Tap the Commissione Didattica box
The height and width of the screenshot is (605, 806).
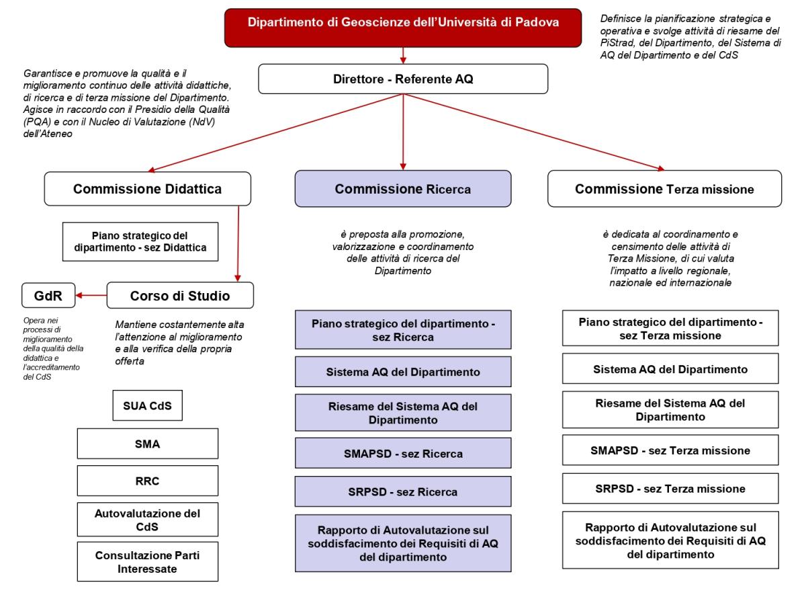(147, 189)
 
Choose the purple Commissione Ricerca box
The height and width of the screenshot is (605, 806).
(403, 189)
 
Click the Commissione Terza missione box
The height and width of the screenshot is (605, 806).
(665, 189)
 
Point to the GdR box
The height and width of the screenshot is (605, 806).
(46, 294)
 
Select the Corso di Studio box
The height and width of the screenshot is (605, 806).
(180, 294)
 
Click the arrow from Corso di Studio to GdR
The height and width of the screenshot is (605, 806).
(91, 294)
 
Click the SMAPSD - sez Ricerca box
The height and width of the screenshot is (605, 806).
(403, 454)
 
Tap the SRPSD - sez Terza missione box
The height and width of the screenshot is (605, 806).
(665, 489)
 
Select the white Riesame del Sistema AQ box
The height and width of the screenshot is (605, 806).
(665, 409)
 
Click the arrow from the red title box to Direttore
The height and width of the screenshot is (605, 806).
(403, 54)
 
